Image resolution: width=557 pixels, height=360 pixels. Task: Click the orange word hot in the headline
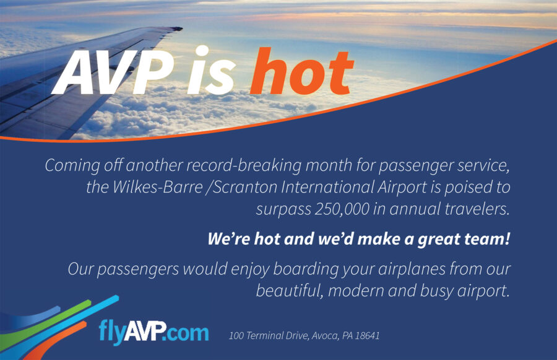click(302, 72)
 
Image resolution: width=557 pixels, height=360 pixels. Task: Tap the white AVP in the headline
click(113, 72)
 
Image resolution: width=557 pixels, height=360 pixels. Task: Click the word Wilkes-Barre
click(157, 187)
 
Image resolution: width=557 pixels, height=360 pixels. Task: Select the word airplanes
click(412, 269)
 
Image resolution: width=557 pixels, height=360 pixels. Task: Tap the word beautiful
click(289, 291)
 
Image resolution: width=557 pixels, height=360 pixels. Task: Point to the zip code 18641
click(368, 335)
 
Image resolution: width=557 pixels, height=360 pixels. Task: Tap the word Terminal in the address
click(263, 335)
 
